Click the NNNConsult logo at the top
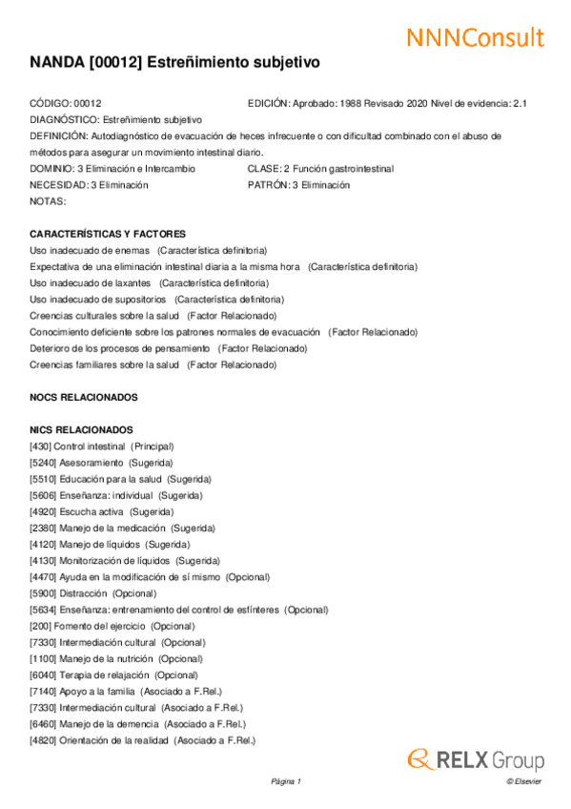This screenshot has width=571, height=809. (476, 38)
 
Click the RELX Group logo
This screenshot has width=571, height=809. (476, 760)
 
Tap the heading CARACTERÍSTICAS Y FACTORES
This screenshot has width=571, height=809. (108, 234)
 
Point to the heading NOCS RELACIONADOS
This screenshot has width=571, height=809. (84, 397)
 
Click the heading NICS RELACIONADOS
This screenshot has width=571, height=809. (81, 430)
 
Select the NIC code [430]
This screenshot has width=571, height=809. (40, 446)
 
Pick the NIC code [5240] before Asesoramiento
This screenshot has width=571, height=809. (43, 463)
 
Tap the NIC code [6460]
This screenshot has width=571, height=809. (43, 724)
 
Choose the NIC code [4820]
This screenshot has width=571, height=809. (43, 740)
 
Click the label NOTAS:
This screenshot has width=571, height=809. (48, 201)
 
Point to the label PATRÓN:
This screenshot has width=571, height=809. (268, 185)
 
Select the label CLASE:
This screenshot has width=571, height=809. (263, 169)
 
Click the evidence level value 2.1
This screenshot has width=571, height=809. (520, 103)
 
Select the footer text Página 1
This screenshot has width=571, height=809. (286, 782)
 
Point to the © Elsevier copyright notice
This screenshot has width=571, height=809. (523, 782)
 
